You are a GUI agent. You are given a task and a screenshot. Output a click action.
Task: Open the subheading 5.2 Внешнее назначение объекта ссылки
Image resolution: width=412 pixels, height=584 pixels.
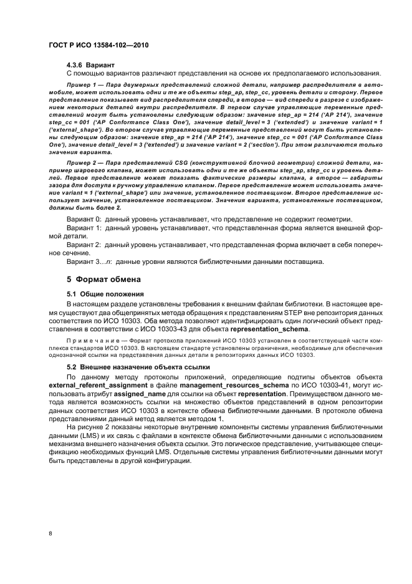(x=138, y=367)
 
